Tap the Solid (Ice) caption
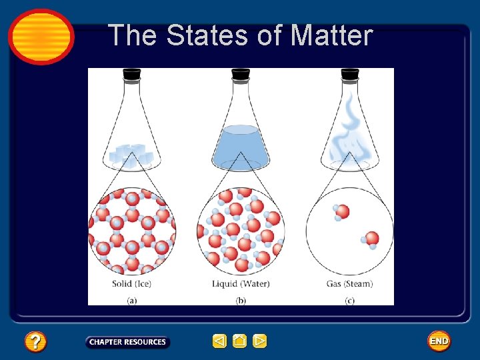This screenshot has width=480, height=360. coord(132,283)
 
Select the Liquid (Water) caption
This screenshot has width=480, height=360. coord(241,283)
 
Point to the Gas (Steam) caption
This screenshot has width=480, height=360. coord(349,283)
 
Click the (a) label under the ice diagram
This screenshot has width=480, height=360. coord(132,301)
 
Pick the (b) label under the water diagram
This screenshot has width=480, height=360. coord(241,301)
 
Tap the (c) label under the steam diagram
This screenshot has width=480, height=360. coord(349,301)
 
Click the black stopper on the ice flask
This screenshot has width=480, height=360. coord(131,75)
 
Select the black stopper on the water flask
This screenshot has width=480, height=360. coord(241,75)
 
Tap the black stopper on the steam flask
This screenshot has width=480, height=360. coord(350,75)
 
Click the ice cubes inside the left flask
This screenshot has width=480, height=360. coord(131,155)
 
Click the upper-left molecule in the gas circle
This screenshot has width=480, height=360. coord(341,213)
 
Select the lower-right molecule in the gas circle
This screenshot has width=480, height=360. coord(371,239)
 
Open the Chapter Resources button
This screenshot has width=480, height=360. coord(127,342)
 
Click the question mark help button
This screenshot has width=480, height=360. coord(35,342)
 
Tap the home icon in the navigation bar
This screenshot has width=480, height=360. coord(240,341)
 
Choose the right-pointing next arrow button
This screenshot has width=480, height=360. coord(260,341)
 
